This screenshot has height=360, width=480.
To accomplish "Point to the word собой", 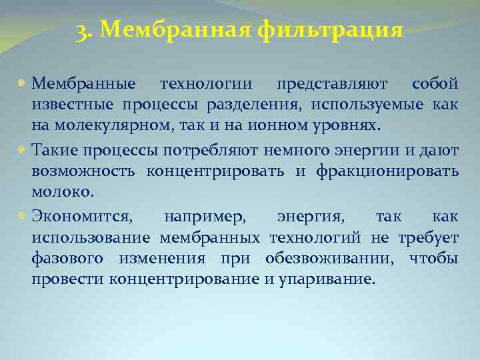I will click(x=435, y=85).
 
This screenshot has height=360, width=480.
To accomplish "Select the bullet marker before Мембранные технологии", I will click(x=23, y=85).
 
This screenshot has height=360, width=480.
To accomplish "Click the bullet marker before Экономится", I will click(x=23, y=218).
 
